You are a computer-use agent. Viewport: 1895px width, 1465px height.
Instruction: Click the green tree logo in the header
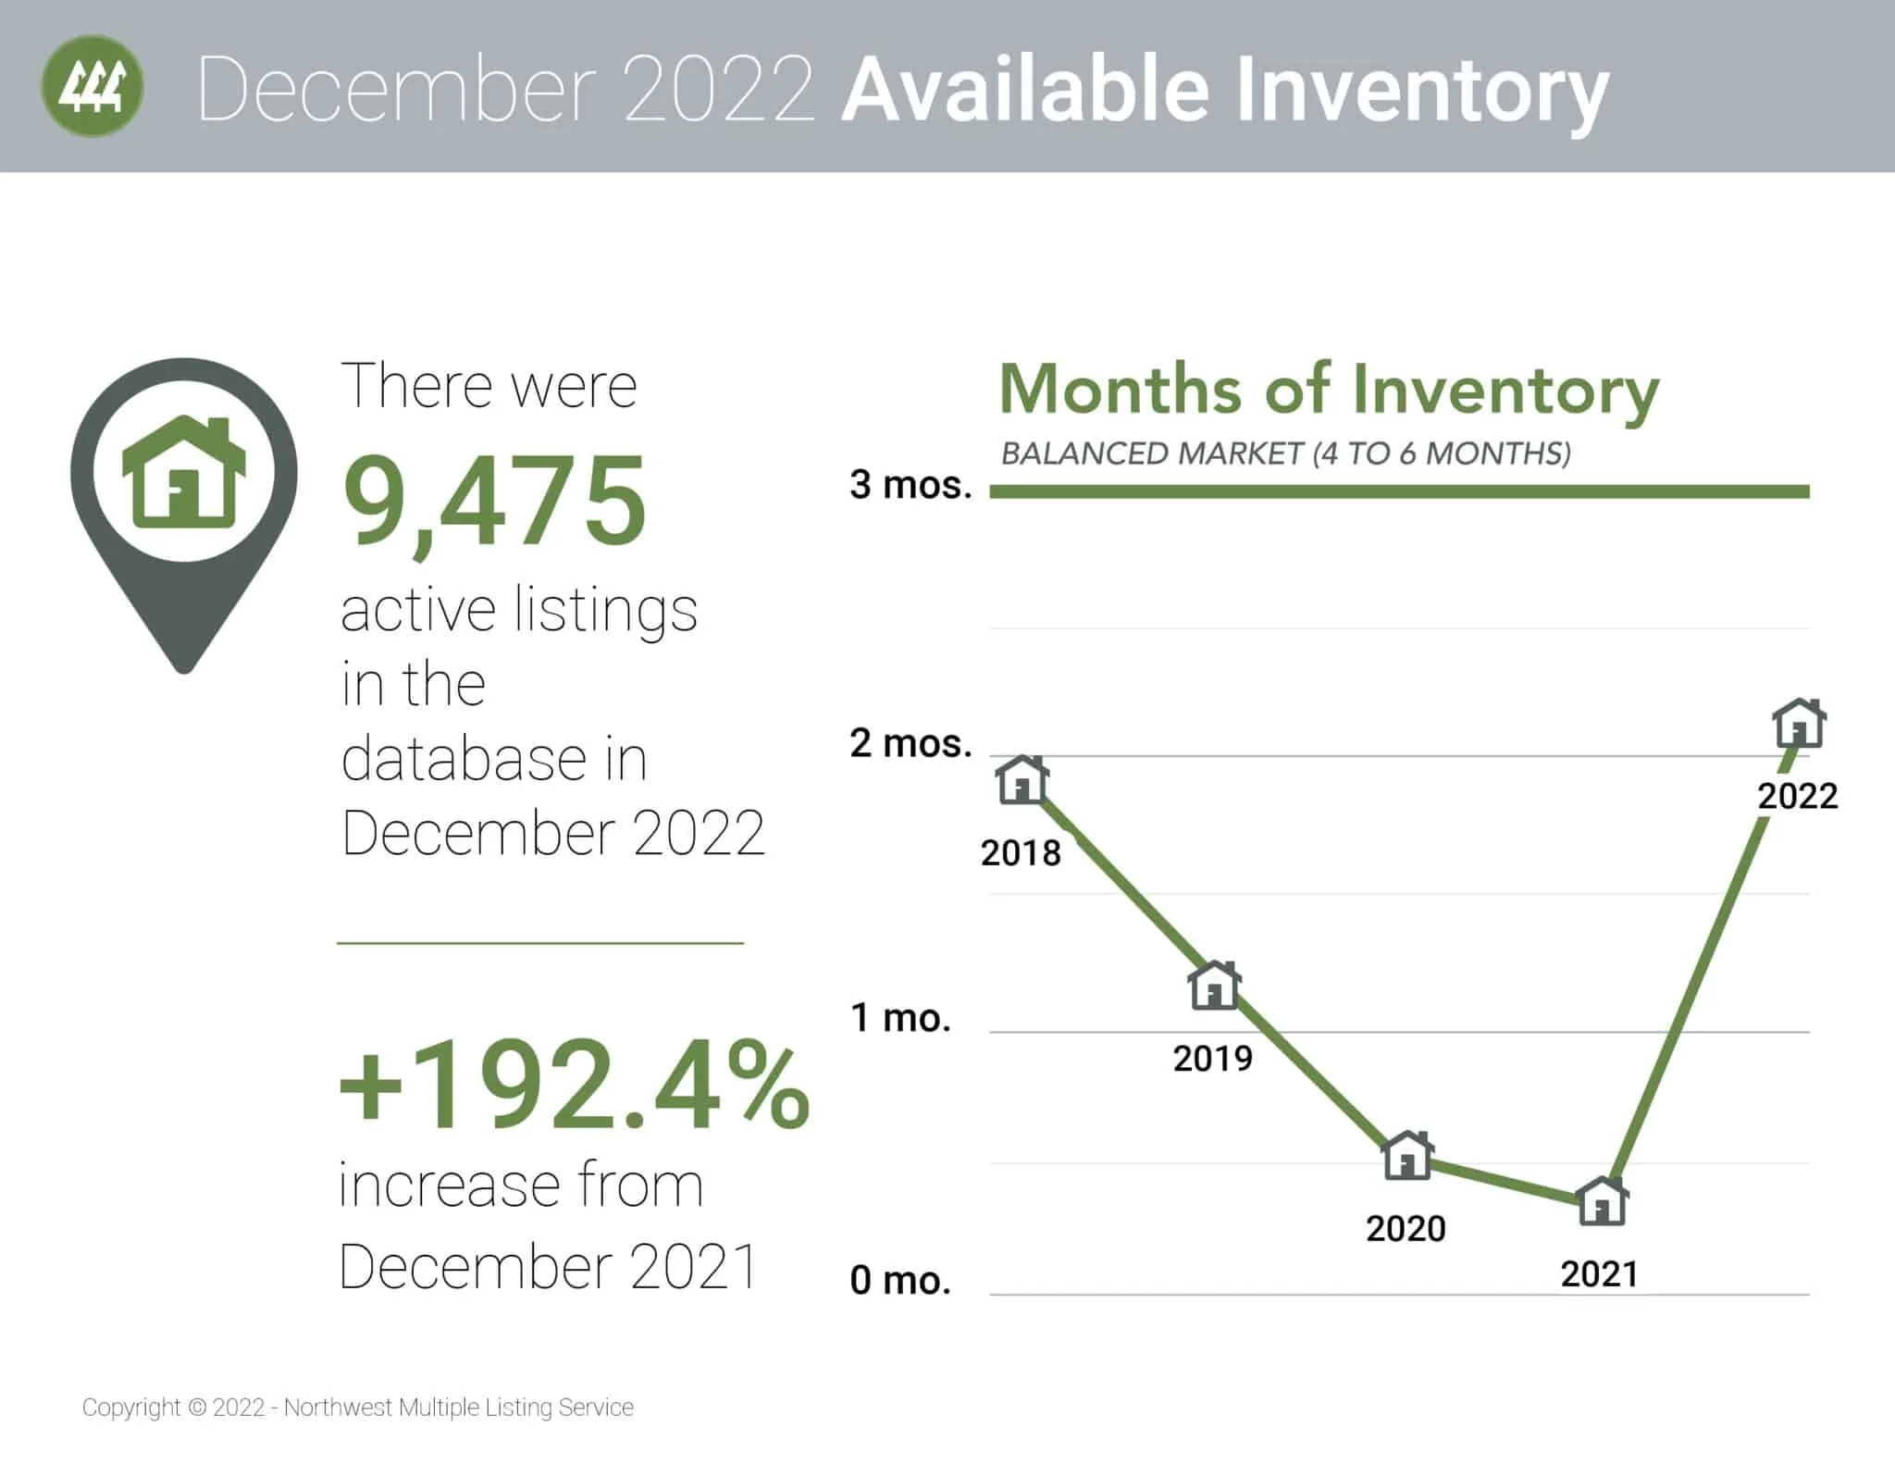click(x=93, y=86)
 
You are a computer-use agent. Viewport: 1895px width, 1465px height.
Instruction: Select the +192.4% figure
click(x=574, y=1084)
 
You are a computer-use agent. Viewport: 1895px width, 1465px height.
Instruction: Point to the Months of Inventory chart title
click(x=1329, y=391)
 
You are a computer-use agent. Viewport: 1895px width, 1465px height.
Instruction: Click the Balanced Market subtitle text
click(x=1285, y=453)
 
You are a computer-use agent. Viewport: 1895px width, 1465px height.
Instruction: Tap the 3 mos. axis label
click(x=910, y=485)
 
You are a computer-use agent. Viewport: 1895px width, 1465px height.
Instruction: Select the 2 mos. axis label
click(x=910, y=743)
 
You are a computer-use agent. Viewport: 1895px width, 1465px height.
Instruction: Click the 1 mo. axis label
click(x=900, y=1018)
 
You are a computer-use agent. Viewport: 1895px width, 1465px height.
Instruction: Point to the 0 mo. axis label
click(x=900, y=1281)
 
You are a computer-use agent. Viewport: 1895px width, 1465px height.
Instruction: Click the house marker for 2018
click(x=1022, y=780)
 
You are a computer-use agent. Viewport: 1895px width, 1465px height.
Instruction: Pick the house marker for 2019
click(x=1214, y=986)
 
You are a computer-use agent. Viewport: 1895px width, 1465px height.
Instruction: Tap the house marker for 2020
click(x=1407, y=1155)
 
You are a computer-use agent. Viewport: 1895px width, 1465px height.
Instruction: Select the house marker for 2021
click(x=1603, y=1201)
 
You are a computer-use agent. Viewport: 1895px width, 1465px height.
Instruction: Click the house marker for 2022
click(x=1799, y=724)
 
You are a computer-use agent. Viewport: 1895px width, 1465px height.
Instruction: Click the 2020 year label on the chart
click(x=1406, y=1229)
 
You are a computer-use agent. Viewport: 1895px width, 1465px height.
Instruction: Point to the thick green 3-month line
click(x=1397, y=491)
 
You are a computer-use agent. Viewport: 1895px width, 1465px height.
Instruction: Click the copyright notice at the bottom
click(x=358, y=1408)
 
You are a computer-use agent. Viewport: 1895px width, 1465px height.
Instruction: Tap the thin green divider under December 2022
click(x=540, y=943)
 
